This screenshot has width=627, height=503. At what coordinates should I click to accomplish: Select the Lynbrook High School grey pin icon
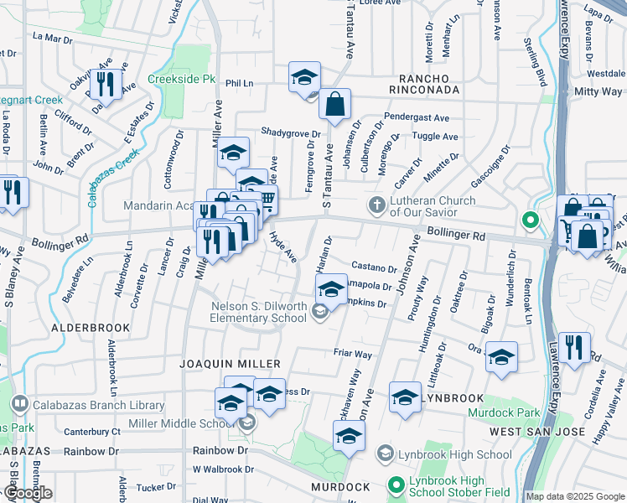click(385, 454)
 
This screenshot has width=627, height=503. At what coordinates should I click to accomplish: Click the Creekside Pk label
click(182, 79)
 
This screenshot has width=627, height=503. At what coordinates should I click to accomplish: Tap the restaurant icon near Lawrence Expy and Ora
click(574, 346)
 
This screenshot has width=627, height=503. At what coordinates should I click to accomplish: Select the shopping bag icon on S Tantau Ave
click(334, 105)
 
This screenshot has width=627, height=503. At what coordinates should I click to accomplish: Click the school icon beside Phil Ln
click(304, 78)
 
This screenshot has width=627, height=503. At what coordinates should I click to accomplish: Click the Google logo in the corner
click(27, 493)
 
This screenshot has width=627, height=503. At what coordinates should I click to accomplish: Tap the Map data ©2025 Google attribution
click(575, 496)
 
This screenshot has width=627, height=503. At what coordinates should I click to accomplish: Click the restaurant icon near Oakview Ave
click(106, 84)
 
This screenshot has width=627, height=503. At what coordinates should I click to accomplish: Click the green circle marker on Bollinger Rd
click(530, 221)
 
